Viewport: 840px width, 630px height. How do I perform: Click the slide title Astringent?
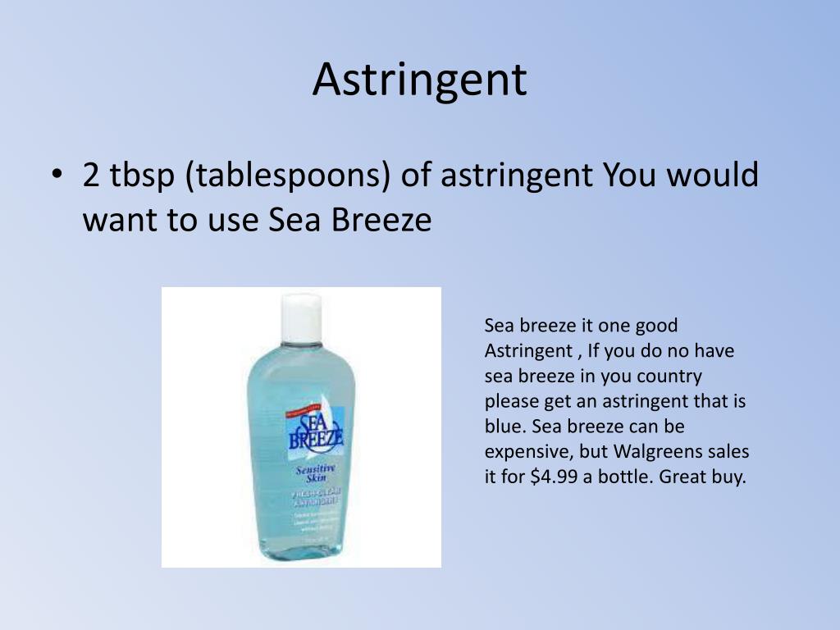(419, 80)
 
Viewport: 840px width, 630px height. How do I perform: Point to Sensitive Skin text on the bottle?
(314, 474)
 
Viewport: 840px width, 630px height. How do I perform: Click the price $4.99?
(555, 477)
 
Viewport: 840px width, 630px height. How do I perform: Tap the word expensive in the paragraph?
(523, 453)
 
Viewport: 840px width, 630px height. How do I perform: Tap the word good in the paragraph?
(656, 326)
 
